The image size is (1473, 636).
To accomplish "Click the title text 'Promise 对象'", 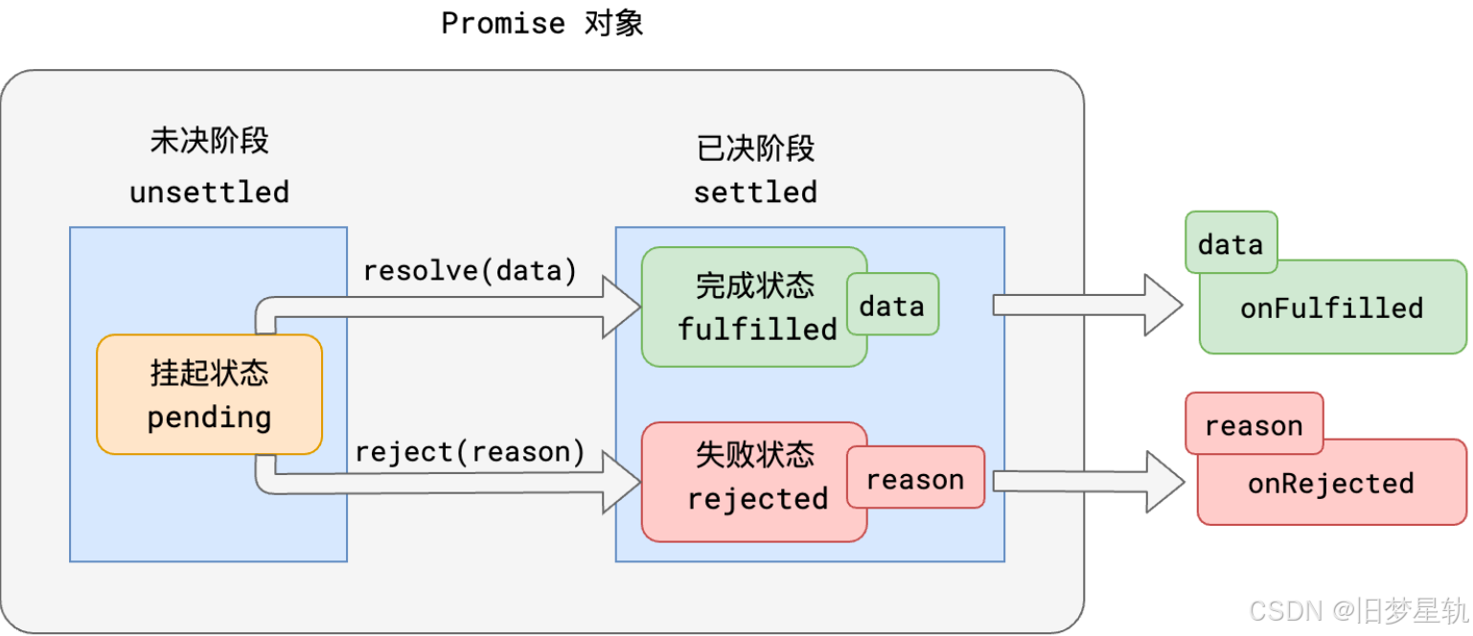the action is (x=541, y=24).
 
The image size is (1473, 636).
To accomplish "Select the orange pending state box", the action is (x=209, y=395).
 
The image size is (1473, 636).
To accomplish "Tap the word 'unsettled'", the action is (x=209, y=193).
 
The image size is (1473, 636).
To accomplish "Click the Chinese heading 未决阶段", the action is (x=209, y=141).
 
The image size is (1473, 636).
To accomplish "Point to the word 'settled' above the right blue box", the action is (x=755, y=193).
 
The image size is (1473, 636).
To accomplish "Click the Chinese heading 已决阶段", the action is (x=755, y=148).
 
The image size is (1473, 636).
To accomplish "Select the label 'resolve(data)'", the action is (x=471, y=271).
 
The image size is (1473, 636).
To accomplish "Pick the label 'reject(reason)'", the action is (x=471, y=452).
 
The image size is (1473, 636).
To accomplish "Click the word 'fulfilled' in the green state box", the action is (x=757, y=329).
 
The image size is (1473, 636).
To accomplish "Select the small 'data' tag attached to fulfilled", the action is (x=892, y=305).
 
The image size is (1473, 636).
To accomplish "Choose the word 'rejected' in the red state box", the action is (x=757, y=499).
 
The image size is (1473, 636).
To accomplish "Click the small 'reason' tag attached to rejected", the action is (x=915, y=477).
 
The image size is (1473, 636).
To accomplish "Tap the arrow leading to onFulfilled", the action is (x=1088, y=305).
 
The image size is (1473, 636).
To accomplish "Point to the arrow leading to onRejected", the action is (x=1089, y=482).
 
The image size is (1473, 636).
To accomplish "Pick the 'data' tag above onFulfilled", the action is (x=1231, y=241).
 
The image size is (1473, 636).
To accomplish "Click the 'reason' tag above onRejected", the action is (x=1254, y=423).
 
